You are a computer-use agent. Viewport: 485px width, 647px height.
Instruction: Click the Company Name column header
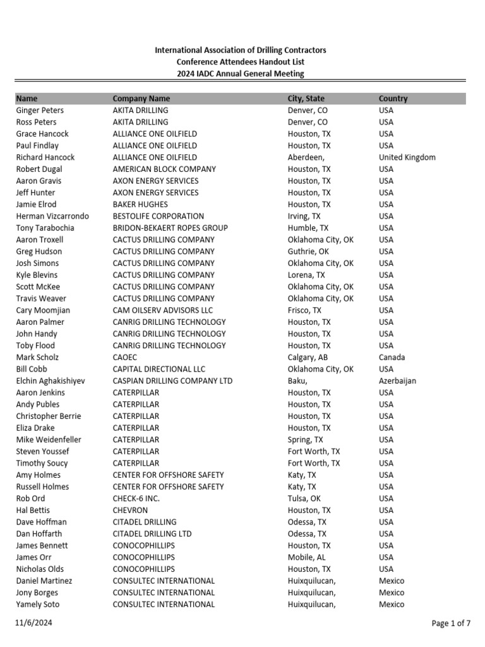(x=141, y=99)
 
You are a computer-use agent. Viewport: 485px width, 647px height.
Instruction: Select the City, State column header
(x=306, y=99)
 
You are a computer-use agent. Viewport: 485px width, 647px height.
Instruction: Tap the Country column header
(x=393, y=99)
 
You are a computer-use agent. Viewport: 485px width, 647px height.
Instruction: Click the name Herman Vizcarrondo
(x=52, y=216)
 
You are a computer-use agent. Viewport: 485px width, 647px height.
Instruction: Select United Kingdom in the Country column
(x=407, y=157)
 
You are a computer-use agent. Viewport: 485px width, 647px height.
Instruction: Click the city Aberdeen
(x=306, y=157)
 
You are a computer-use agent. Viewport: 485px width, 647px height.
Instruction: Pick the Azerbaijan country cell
(x=398, y=381)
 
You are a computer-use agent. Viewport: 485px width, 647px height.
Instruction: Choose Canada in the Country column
(x=392, y=358)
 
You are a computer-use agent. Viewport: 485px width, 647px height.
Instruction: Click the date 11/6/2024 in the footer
(x=32, y=624)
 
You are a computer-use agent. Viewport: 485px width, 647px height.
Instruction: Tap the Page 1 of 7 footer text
(x=451, y=624)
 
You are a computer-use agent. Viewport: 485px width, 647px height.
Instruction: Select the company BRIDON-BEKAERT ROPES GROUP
(x=170, y=228)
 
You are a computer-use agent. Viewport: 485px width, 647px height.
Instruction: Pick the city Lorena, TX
(x=306, y=275)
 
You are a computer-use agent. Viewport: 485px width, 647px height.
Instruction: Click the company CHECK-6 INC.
(x=136, y=499)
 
